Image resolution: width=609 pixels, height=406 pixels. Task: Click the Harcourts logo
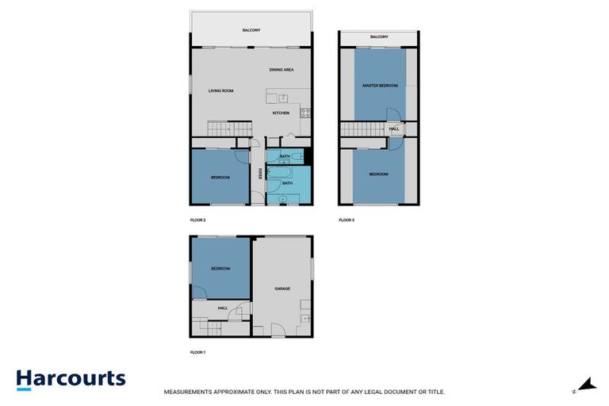click(x=71, y=379)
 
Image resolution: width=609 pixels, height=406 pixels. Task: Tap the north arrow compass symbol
click(x=585, y=385)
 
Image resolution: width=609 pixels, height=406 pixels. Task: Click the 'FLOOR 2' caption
click(x=198, y=220)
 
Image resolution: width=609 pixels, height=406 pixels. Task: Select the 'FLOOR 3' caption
click(x=347, y=220)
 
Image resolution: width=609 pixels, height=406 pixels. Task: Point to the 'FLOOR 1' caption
click(x=198, y=351)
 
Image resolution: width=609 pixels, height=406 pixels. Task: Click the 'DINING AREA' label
click(x=282, y=70)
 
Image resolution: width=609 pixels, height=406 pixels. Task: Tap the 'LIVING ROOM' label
click(x=221, y=91)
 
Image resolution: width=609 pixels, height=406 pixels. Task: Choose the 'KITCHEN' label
click(x=282, y=113)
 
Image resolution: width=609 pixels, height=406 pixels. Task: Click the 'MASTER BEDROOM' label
click(x=379, y=85)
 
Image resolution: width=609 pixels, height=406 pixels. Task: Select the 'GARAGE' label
click(x=282, y=289)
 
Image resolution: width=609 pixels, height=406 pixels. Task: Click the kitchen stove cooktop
click(x=304, y=112)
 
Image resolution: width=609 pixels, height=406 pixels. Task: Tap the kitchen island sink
click(x=282, y=98)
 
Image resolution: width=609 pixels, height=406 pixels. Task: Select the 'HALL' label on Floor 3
click(x=394, y=128)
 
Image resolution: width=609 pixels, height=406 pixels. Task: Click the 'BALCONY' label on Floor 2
click(x=251, y=30)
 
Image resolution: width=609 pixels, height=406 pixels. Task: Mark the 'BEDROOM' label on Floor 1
click(x=220, y=269)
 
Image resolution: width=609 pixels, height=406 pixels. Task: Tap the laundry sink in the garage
click(x=305, y=319)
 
